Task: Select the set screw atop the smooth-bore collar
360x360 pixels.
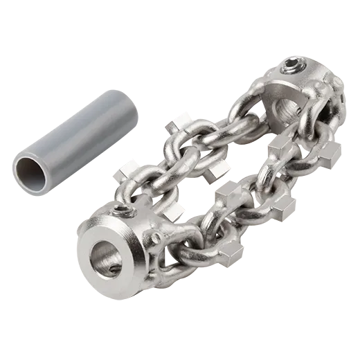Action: coord(123,210)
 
